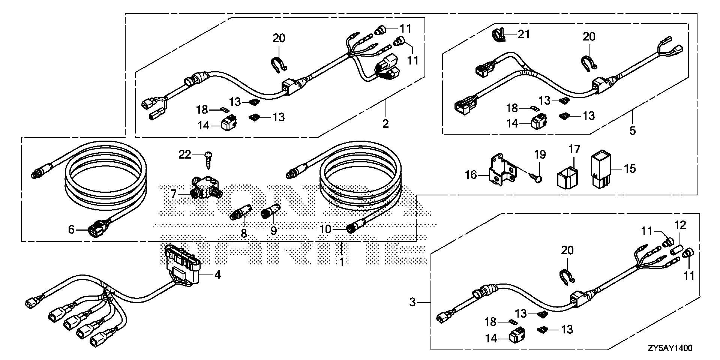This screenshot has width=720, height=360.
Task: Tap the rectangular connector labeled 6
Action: point(97,229)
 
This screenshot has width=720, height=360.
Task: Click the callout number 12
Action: point(680,225)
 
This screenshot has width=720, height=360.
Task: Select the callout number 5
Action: point(633,131)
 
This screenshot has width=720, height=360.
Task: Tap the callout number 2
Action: point(385,123)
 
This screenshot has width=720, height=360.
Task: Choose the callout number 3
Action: point(412,302)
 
